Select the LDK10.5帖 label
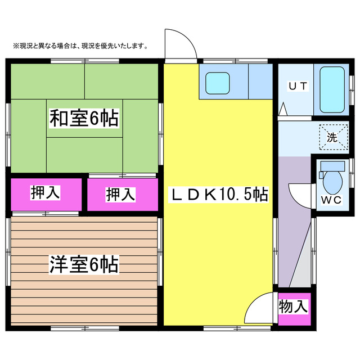point(219,195)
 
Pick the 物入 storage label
point(294,307)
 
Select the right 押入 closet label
point(121,195)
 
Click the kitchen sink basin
point(216,83)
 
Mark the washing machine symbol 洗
point(332,137)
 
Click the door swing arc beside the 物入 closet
point(259,308)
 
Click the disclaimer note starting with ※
point(76,46)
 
